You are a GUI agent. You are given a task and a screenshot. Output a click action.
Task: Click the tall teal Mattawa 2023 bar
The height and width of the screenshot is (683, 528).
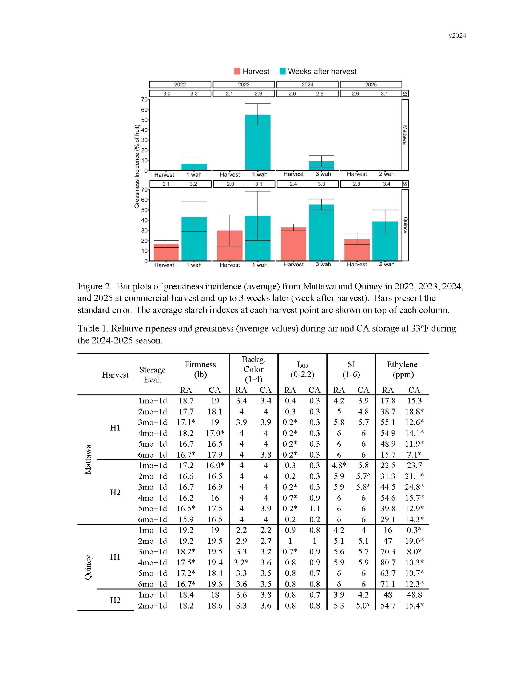(257, 142)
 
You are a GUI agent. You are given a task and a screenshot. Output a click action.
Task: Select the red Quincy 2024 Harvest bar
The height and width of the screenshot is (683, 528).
(293, 244)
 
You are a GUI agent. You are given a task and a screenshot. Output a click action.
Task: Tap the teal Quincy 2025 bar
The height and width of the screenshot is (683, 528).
(385, 241)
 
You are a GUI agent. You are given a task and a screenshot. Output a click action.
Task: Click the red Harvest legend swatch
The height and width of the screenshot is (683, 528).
(237, 71)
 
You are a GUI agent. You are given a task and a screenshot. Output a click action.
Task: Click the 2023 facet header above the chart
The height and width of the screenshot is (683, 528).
(243, 84)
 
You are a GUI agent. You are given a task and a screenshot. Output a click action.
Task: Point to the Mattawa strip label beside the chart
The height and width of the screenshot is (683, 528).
(405, 135)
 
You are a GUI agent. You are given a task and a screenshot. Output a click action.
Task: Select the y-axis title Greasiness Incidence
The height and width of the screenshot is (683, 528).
(137, 166)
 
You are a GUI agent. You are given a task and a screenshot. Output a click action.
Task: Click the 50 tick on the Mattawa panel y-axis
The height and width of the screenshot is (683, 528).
(144, 120)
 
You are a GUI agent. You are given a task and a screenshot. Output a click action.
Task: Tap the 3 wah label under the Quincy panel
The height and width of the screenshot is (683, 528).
(323, 264)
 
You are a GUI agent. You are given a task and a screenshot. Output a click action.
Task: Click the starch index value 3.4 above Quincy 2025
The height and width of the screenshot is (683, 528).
(386, 184)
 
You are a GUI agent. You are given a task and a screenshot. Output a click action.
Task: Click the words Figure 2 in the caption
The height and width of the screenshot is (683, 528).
(94, 286)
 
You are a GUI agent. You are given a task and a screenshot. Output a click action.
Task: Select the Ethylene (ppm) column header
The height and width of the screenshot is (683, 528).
(402, 369)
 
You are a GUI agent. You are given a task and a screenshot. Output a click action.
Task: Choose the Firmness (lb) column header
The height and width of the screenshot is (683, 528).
(200, 369)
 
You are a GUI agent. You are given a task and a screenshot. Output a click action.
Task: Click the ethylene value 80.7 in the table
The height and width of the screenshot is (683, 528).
(388, 563)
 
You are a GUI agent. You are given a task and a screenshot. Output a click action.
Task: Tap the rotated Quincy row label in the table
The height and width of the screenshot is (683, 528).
(88, 567)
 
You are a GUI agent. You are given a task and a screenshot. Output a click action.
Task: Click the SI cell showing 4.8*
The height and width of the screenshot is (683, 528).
(339, 465)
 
